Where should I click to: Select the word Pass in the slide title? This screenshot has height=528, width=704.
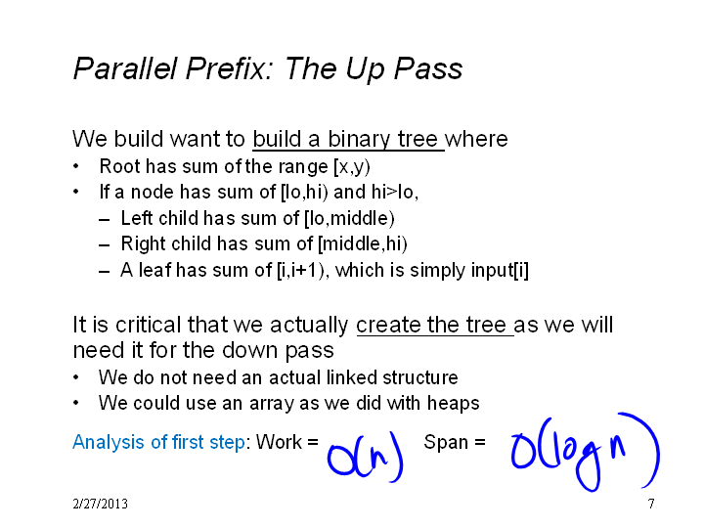(x=428, y=69)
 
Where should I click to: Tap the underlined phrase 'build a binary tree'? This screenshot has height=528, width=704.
(x=345, y=139)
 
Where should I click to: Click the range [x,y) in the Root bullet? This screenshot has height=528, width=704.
(x=352, y=167)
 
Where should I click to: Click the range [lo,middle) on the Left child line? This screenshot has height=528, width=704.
(x=349, y=219)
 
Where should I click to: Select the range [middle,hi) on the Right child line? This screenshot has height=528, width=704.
(x=363, y=244)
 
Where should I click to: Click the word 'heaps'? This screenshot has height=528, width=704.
(x=453, y=404)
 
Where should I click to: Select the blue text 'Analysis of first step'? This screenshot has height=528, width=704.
(x=159, y=443)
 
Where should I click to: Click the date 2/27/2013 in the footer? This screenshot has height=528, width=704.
(x=100, y=504)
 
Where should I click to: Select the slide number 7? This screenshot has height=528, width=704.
(x=651, y=504)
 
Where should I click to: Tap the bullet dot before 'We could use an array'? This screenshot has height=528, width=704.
(x=76, y=403)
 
